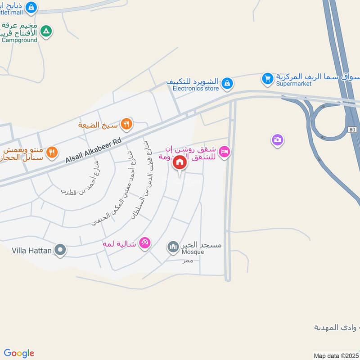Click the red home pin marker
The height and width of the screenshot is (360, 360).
click(180, 162)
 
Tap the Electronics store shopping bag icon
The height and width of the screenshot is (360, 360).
click(228, 83)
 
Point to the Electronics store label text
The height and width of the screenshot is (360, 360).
click(196, 89)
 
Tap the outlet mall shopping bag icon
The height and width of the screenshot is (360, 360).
click(31, 7)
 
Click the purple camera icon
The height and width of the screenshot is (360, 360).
click(278, 140)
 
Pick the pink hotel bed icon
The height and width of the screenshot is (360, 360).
click(225, 152)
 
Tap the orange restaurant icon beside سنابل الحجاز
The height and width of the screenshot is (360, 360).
click(52, 153)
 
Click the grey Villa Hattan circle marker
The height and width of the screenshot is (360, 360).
click(60, 249)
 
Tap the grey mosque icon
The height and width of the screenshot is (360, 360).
click(173, 246)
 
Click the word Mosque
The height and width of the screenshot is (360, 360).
click(193, 252)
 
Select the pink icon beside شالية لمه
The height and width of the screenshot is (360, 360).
click(144, 243)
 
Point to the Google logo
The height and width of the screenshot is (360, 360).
click(19, 353)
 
